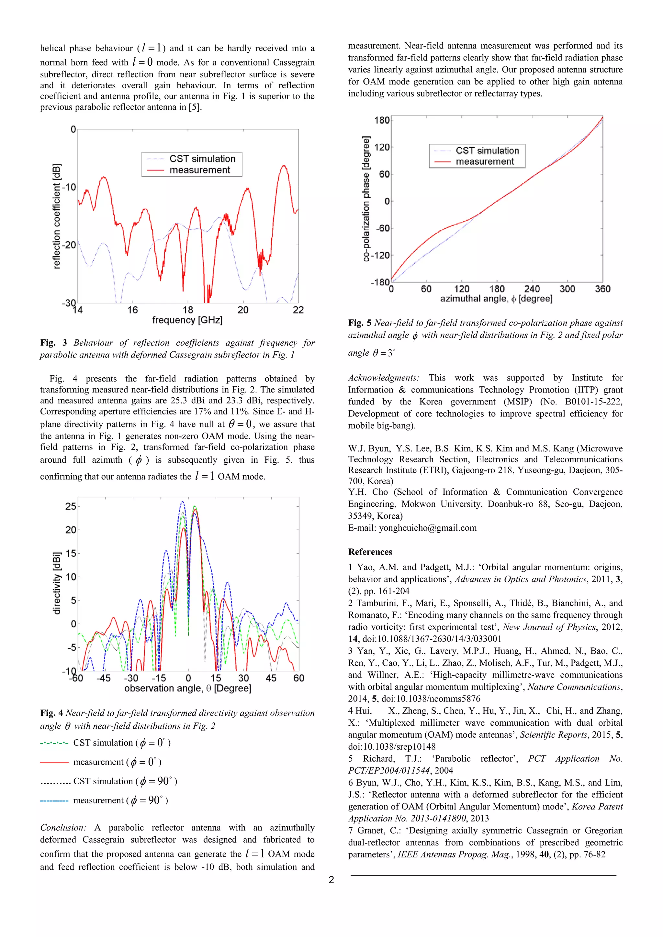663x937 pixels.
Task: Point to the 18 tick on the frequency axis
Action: click(188, 310)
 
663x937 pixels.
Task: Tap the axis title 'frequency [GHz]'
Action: click(187, 320)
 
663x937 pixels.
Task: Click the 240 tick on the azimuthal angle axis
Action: click(532, 289)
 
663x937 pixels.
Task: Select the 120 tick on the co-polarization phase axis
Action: click(382, 147)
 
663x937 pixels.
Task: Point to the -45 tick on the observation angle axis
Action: click(103, 678)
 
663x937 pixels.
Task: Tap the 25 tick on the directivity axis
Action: click(71, 506)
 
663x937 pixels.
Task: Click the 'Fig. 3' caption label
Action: click(53, 343)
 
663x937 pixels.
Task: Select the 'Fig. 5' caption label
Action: click(360, 323)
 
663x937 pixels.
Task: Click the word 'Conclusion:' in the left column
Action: click(63, 828)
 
